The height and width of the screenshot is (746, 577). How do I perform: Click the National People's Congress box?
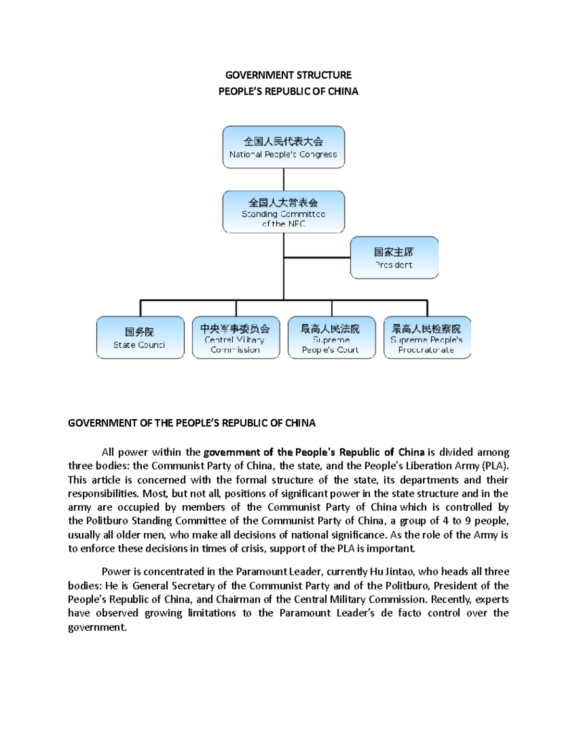(x=283, y=147)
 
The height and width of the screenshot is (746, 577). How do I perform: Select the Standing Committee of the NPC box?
(x=283, y=212)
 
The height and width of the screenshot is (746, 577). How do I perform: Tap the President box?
(x=394, y=257)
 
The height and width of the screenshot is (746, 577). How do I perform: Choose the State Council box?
(x=140, y=337)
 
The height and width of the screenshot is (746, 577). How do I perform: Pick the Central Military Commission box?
(x=236, y=337)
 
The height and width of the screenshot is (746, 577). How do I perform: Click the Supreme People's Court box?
(x=331, y=337)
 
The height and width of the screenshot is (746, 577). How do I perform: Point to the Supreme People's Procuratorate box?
(x=427, y=337)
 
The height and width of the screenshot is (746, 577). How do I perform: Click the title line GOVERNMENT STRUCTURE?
(x=288, y=75)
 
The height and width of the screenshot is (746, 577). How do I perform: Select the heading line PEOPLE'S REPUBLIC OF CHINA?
(x=288, y=91)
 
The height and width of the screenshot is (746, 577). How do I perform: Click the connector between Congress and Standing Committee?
(x=284, y=179)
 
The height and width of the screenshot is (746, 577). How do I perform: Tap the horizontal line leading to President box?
(x=317, y=257)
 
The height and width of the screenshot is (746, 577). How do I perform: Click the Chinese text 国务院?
(x=139, y=332)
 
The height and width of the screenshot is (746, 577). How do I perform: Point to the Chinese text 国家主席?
(x=394, y=252)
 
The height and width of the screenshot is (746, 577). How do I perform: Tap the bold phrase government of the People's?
(x=269, y=452)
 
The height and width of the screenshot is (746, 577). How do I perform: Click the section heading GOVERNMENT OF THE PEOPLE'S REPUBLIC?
(x=191, y=423)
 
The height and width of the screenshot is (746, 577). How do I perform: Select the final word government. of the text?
(x=97, y=627)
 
